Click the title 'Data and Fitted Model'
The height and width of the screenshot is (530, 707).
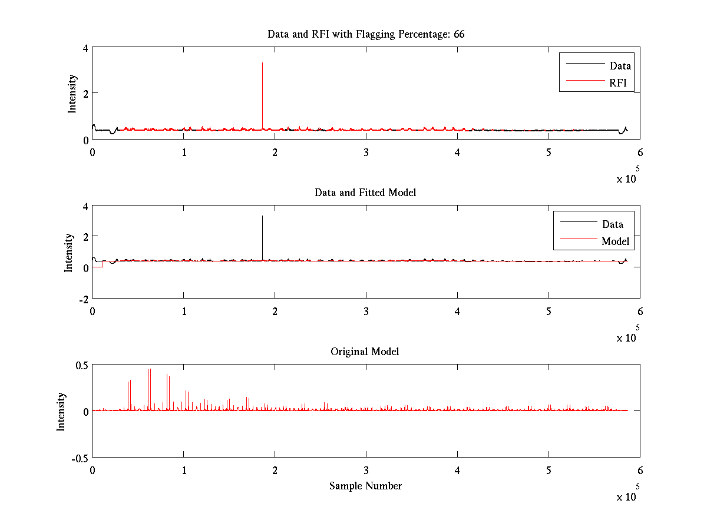tap(365, 193)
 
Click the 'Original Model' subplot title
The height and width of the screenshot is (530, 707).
tap(365, 352)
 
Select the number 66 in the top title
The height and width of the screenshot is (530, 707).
tap(459, 34)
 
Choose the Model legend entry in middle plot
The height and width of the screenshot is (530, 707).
tap(615, 241)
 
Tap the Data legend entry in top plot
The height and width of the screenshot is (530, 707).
tap(620, 66)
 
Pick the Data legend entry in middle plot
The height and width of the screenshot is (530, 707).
tap(612, 224)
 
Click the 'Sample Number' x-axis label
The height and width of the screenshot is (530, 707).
tap(365, 486)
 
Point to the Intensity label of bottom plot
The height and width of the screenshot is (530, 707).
tap(61, 412)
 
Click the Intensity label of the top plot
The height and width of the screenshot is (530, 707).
tap(72, 93)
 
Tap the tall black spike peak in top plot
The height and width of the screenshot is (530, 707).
tap(262, 63)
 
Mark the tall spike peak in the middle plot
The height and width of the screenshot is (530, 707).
tap(262, 217)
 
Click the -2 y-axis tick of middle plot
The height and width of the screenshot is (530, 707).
tap(82, 299)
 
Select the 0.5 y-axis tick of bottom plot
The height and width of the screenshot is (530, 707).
tap(81, 365)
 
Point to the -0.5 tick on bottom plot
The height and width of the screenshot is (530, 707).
tap(80, 458)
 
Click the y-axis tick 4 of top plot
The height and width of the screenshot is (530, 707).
tap(86, 48)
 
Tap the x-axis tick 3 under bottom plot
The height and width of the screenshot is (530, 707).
tap(366, 471)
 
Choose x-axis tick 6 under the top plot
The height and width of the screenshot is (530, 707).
tap(640, 153)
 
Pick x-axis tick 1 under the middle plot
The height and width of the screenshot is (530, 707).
tap(184, 312)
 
